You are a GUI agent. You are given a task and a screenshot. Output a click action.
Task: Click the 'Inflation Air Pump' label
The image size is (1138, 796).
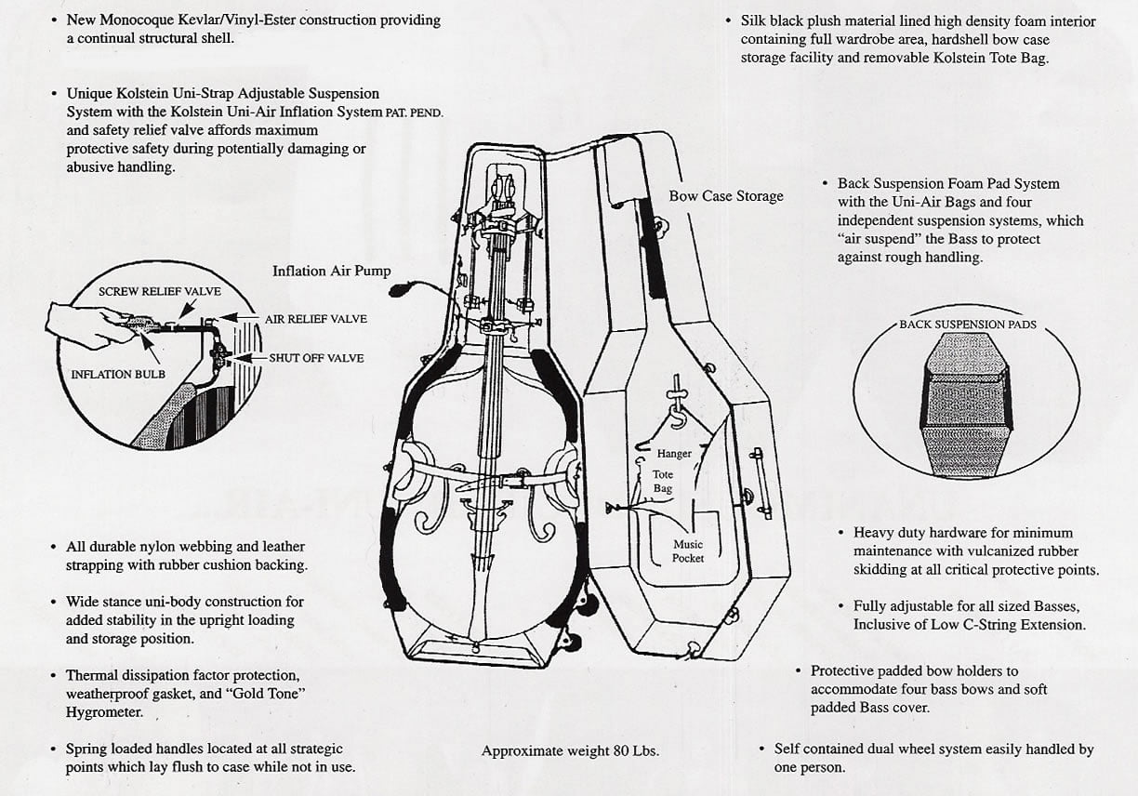pyautogui.click(x=331, y=272)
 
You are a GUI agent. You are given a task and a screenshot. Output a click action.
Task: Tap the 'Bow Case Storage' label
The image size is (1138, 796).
pyautogui.click(x=725, y=196)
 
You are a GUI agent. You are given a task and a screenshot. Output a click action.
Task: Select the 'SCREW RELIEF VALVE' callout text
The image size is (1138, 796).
pyautogui.click(x=160, y=292)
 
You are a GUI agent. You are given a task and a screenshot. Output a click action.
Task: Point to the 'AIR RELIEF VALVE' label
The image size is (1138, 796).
pyautogui.click(x=315, y=319)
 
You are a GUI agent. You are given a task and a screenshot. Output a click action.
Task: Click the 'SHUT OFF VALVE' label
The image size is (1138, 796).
pyautogui.click(x=316, y=358)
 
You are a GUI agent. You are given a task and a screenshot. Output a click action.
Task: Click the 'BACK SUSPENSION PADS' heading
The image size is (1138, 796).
pyautogui.click(x=968, y=325)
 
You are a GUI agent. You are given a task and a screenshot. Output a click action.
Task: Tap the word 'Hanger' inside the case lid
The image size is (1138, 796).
pyautogui.click(x=674, y=454)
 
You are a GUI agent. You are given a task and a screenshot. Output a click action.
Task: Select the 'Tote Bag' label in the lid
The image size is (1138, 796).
pyautogui.click(x=663, y=482)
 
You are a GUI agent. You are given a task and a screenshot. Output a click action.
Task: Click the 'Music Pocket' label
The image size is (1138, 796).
pyautogui.click(x=688, y=551)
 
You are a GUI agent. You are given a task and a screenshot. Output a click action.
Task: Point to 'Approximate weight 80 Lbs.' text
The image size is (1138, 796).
pyautogui.click(x=570, y=751)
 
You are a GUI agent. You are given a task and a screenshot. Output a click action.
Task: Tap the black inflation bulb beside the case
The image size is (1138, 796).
pyautogui.click(x=397, y=290)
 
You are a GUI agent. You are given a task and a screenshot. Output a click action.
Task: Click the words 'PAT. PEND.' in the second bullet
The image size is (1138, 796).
pyautogui.click(x=414, y=113)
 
